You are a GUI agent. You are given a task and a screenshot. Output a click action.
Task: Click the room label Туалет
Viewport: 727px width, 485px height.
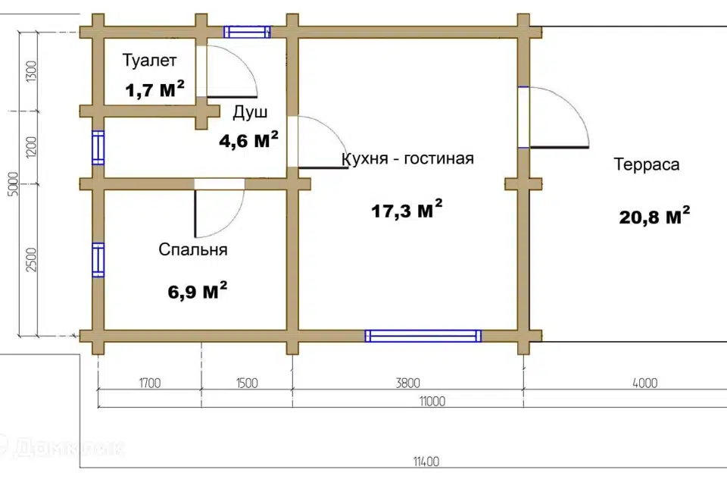click(149, 61)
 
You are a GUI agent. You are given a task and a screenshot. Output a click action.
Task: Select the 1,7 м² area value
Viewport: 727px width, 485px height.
click(154, 89)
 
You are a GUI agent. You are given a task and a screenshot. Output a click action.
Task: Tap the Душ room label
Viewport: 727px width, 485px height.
click(250, 112)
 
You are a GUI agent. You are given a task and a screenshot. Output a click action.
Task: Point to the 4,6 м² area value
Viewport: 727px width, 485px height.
click(248, 139)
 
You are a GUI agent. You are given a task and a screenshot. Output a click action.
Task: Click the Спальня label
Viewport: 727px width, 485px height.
click(193, 249)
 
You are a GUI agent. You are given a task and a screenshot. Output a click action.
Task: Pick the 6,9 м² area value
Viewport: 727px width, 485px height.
click(198, 291)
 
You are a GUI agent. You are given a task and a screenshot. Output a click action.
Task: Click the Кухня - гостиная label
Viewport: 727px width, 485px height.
click(407, 158)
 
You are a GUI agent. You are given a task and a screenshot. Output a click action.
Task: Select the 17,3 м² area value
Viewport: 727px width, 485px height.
click(407, 209)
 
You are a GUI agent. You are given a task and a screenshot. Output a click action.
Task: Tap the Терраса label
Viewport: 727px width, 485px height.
click(647, 164)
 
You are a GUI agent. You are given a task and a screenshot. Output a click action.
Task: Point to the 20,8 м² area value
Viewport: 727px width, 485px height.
click(654, 216)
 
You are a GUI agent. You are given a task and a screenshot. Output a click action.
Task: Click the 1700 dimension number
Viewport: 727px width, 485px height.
click(150, 383)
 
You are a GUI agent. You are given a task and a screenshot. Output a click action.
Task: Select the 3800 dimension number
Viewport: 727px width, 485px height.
click(408, 383)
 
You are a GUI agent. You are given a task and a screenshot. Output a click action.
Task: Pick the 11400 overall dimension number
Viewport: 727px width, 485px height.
click(426, 462)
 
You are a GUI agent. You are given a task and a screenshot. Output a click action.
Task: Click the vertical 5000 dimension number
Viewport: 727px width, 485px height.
click(14, 184)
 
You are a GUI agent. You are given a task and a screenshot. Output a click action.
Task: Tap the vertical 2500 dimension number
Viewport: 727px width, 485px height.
click(31, 260)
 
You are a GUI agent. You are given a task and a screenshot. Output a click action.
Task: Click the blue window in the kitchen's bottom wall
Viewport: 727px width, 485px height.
click(423, 336)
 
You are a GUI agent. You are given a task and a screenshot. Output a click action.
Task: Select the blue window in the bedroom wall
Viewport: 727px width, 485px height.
click(98, 260)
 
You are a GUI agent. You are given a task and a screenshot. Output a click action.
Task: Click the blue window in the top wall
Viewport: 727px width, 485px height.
click(247, 32)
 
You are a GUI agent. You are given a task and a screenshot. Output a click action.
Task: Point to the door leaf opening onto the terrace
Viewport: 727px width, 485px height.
click(560, 147)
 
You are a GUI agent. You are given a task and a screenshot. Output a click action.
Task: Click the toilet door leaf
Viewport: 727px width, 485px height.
click(232, 97)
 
